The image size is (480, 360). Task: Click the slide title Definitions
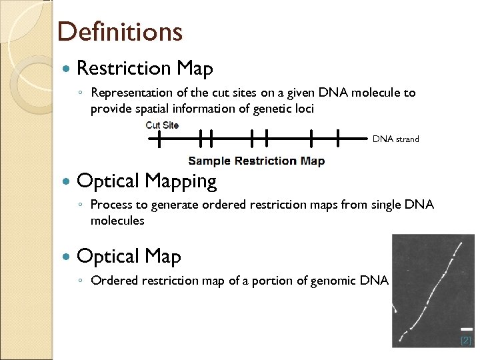119,31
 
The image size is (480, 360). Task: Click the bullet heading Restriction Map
145,68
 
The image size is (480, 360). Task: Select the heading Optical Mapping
147,181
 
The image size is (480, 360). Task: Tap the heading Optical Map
129,256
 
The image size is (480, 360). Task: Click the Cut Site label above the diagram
162,125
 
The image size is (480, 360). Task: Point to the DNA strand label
395,139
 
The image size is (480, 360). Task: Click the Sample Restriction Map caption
256,161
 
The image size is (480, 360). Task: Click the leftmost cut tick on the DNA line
159,139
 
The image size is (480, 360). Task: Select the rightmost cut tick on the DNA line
339,139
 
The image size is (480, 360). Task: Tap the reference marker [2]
465,340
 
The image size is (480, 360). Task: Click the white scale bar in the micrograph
467,329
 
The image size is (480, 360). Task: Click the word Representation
129,93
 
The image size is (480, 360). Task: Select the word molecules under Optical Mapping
117,220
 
